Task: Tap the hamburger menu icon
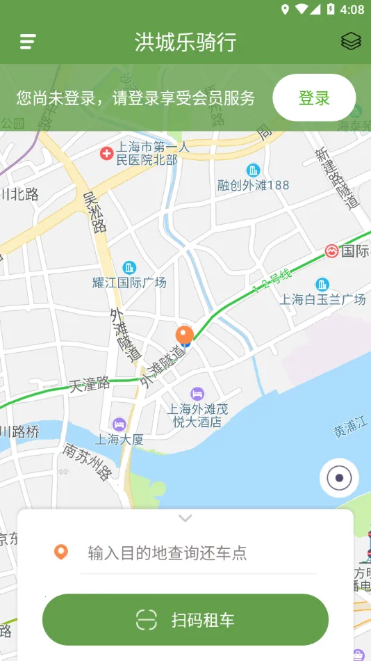point(28,42)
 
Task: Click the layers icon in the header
point(351,42)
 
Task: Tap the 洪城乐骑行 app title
point(185,42)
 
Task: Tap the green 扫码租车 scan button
point(185,619)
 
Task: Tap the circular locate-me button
point(339,478)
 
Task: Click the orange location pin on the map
point(184,335)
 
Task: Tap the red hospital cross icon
point(106,152)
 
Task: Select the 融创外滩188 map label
point(253,185)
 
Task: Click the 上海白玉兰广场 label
point(322,299)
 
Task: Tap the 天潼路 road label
point(90,383)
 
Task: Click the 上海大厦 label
point(119,439)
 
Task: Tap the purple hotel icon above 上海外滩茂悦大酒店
point(197,394)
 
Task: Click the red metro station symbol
point(331,250)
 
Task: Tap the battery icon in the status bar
point(331,9)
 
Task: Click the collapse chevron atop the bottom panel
point(185,518)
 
